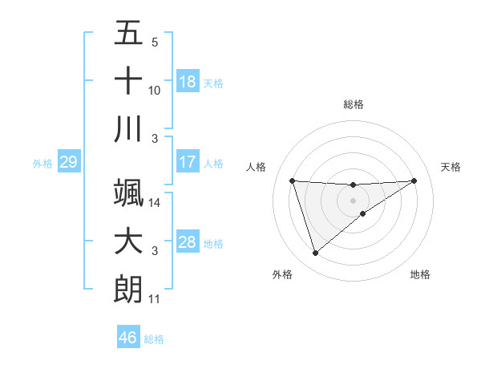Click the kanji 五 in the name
point(128,34)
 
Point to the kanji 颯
point(128,193)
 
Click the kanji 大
point(128,241)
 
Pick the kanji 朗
point(128,288)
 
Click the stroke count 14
point(155,204)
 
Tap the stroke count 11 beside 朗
point(155,299)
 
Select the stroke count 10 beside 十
point(155,91)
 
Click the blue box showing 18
point(187,82)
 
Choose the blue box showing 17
point(187,162)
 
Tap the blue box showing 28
point(187,242)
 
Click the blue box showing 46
point(128,338)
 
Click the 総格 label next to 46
point(154,339)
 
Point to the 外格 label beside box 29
point(42,164)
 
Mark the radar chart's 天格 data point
point(414,180)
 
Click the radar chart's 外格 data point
point(315,253)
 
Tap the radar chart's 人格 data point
point(293,180)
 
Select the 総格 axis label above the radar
point(353,104)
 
